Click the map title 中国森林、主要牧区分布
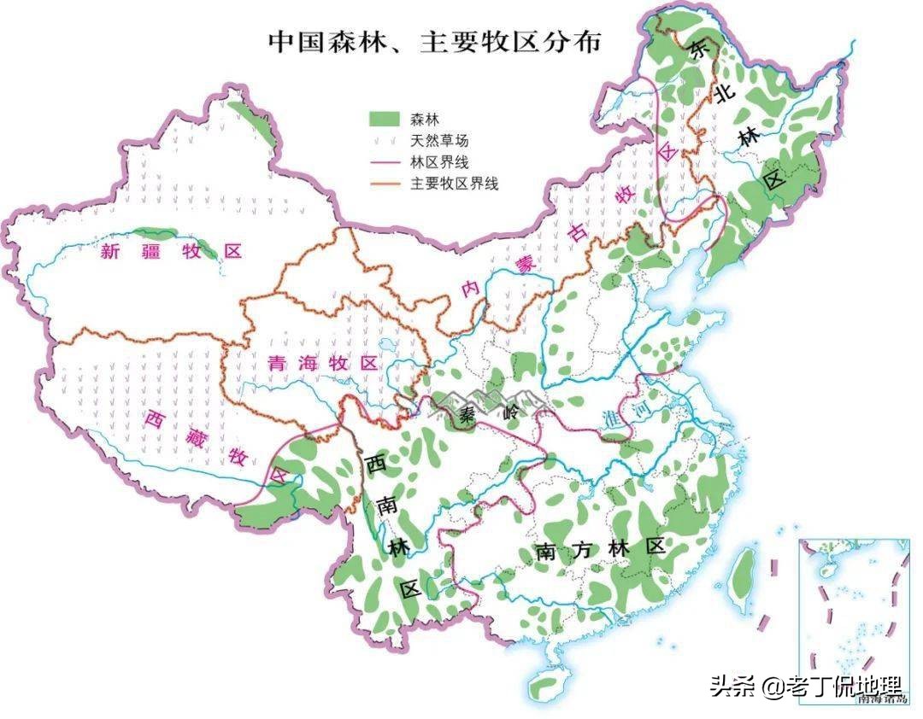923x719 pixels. [435, 42]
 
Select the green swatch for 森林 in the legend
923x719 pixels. [384, 117]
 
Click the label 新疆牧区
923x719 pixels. [172, 251]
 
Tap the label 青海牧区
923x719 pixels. [322, 362]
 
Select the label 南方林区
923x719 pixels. [601, 549]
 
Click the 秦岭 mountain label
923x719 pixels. [484, 416]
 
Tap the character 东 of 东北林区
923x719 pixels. [701, 50]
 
